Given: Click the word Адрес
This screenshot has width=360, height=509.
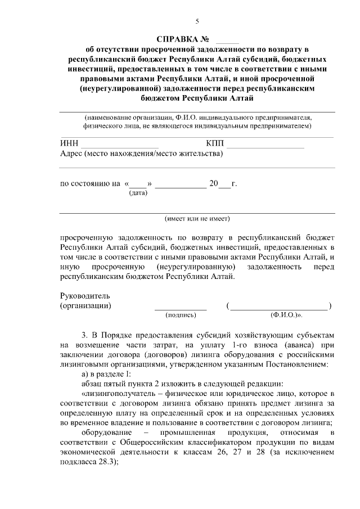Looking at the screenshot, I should [71, 153].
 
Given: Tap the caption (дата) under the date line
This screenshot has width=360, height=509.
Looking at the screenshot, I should [138, 193].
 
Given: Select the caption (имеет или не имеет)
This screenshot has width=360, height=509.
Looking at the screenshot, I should [197, 218].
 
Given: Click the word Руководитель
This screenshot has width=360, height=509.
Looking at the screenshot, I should [85, 296].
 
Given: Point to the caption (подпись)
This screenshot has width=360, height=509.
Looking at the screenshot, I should [181, 316].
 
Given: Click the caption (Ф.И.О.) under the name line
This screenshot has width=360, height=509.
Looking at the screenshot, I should [286, 316].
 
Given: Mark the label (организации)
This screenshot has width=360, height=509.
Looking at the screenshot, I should [85, 305].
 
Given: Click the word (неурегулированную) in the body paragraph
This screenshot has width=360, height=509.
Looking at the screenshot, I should [195, 266].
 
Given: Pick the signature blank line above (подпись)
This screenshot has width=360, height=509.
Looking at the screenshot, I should [181, 309].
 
